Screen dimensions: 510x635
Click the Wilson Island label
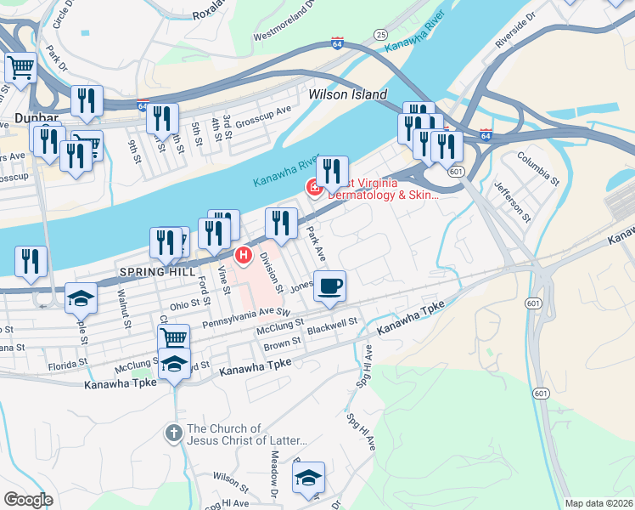[x=347, y=94]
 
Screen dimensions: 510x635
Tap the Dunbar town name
[x=35, y=119]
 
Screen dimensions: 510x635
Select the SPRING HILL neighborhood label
[x=152, y=272]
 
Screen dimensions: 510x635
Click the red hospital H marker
[x=244, y=254]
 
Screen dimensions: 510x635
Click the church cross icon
[x=173, y=433]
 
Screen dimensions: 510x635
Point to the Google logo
[x=27, y=500]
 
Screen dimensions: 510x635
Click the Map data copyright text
[x=598, y=502]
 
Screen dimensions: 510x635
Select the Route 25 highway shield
[x=380, y=34]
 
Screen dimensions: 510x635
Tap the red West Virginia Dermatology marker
[x=313, y=186]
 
